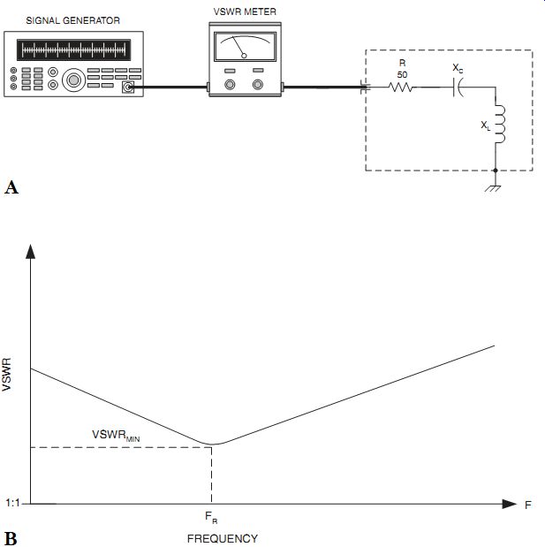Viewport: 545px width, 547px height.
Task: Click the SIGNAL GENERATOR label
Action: [73, 20]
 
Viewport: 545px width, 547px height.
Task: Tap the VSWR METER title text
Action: [245, 11]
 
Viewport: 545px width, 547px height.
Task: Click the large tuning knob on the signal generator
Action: [74, 80]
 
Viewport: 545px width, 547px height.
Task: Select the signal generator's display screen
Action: [74, 49]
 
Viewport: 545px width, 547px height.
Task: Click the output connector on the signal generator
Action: [128, 87]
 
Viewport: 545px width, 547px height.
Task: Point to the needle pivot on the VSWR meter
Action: [244, 56]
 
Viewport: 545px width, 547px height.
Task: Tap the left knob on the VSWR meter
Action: [230, 85]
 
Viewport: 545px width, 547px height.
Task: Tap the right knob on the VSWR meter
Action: [258, 85]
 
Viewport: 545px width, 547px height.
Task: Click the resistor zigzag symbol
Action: [401, 87]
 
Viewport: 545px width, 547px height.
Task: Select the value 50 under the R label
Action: [402, 74]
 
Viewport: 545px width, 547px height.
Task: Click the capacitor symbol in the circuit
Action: [458, 87]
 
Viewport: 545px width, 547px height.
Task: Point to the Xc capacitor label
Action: [458, 68]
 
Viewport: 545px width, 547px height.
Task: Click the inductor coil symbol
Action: [499, 123]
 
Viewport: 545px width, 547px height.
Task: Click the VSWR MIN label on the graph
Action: [116, 436]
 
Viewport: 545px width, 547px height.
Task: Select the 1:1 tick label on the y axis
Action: [12, 503]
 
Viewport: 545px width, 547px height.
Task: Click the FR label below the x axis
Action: [211, 517]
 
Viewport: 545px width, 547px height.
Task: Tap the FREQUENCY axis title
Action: [223, 538]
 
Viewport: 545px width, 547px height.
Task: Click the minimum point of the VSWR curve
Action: [212, 444]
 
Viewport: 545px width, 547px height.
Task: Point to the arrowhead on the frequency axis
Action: [510, 504]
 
